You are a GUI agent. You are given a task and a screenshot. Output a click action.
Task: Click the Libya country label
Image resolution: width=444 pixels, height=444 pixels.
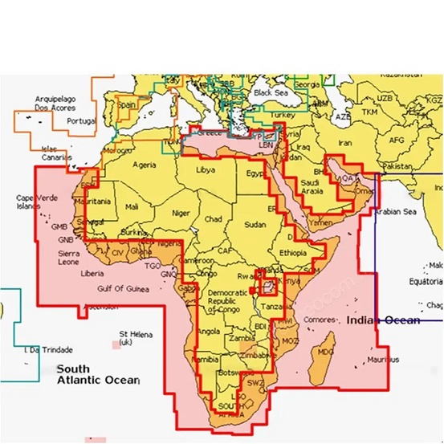click(206, 170)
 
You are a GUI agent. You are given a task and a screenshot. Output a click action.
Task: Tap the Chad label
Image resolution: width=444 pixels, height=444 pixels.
click(214, 218)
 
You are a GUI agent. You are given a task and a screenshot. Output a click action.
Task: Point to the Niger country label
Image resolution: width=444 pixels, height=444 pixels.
click(181, 213)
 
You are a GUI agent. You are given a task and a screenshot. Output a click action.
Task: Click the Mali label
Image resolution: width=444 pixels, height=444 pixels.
click(132, 207)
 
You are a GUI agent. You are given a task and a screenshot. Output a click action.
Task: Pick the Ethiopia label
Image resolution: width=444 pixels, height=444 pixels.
click(293, 253)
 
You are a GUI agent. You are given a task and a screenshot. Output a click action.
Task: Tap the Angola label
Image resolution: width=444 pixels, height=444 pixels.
click(208, 331)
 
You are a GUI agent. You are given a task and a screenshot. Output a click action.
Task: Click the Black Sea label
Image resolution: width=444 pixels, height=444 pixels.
click(270, 93)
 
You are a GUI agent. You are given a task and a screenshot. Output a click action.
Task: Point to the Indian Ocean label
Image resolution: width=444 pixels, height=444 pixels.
click(383, 320)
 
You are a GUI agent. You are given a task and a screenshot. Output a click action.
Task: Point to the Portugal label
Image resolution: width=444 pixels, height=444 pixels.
click(81, 121)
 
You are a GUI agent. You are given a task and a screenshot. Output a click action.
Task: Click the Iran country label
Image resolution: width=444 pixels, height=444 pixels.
click(344, 142)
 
